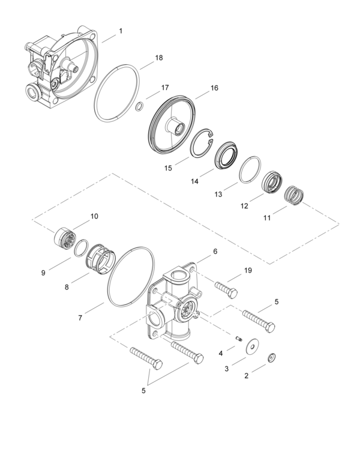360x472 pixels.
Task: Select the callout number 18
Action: point(158,58)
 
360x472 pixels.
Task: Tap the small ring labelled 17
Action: point(139,106)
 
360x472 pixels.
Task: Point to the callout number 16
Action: point(214,88)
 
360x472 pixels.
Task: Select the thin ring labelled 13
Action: point(251,170)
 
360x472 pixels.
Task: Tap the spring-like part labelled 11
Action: point(294,195)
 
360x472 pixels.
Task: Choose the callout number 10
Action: point(94,216)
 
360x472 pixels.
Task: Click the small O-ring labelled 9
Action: point(81,247)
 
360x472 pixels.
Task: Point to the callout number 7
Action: point(80,317)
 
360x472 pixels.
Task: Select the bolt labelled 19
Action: point(225,289)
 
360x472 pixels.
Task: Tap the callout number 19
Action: point(247,271)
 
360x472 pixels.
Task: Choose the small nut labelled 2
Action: point(272,358)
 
